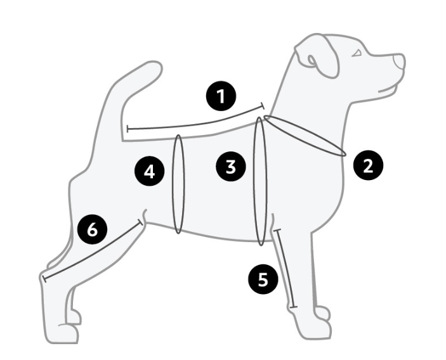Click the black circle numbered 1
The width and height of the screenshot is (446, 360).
(x=221, y=96)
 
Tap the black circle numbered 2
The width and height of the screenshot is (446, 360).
(x=368, y=165)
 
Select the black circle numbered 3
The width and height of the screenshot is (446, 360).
(x=231, y=167)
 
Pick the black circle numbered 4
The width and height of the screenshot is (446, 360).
(x=150, y=171)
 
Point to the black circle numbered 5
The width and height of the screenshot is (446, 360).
(x=263, y=279)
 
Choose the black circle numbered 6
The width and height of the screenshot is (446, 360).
(x=93, y=229)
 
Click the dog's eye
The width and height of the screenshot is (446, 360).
(x=357, y=53)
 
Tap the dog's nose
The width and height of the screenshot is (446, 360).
(x=400, y=61)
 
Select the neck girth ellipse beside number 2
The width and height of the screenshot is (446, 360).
(x=305, y=136)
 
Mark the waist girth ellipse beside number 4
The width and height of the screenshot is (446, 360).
(x=179, y=184)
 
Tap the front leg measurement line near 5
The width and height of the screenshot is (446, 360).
(x=285, y=268)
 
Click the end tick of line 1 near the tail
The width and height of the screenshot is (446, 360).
(x=128, y=129)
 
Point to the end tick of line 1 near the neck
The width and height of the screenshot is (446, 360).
(x=263, y=106)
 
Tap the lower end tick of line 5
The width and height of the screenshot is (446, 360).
(x=293, y=307)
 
